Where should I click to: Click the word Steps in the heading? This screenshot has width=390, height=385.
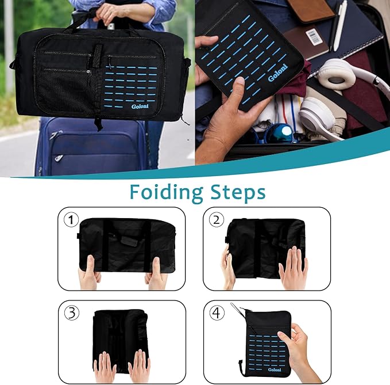237,192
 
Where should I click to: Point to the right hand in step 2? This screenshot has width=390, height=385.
293,268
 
